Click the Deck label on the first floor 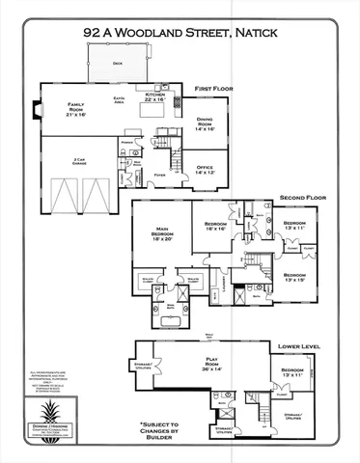117,64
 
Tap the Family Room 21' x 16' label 75,109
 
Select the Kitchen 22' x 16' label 155,96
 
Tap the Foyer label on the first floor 158,176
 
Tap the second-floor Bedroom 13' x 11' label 295,226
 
